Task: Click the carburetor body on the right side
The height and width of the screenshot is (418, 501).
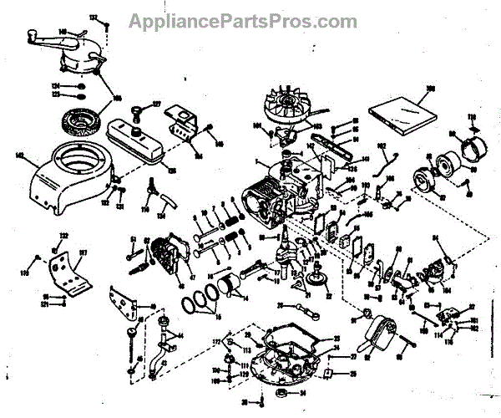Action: click(433, 263)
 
